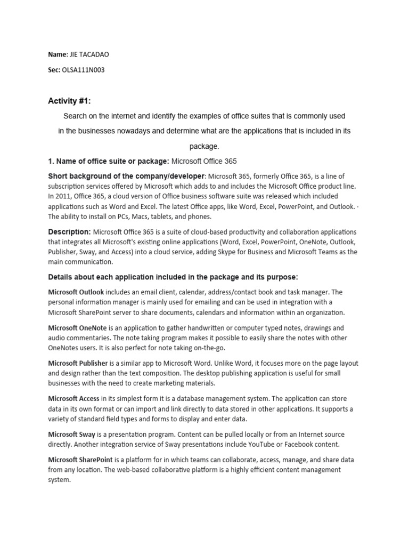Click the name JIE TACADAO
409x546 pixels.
click(x=92, y=54)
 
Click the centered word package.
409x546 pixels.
click(x=204, y=146)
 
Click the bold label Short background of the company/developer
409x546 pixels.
click(x=126, y=176)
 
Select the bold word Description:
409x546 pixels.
click(x=70, y=232)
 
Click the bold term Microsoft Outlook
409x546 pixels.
click(x=76, y=292)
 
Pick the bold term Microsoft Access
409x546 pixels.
click(x=73, y=399)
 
